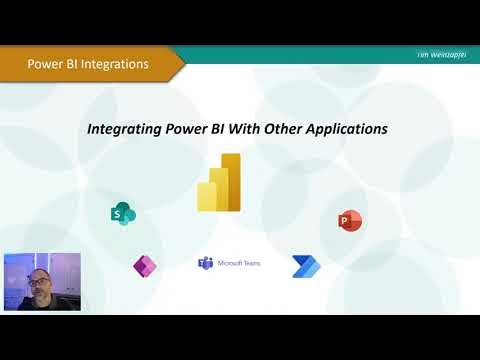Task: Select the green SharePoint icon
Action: coord(123,213)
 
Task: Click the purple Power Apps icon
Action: coord(145,265)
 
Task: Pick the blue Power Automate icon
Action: coord(303,265)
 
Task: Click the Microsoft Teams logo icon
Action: coord(205,263)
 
